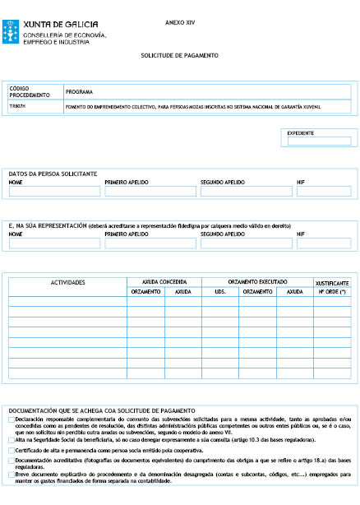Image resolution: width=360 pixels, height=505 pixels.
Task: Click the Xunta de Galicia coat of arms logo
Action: (x=12, y=31)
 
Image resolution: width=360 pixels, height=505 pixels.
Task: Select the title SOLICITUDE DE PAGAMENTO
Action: (x=179, y=55)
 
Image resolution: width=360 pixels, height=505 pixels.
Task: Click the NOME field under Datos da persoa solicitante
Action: (x=54, y=192)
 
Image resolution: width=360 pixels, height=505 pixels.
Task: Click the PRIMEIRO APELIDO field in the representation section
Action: (x=150, y=243)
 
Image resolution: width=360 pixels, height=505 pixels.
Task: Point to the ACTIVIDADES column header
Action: (x=68, y=283)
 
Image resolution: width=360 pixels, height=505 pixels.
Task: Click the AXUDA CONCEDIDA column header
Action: (x=164, y=281)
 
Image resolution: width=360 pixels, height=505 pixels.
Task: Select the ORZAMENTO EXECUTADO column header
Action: (x=253, y=281)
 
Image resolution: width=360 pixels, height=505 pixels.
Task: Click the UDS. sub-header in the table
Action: (x=219, y=291)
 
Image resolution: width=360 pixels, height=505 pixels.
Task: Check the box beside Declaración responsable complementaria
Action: (x=11, y=419)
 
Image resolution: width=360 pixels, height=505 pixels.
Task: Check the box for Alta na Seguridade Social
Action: (x=11, y=440)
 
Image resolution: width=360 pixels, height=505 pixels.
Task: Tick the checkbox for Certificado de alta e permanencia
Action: (x=11, y=451)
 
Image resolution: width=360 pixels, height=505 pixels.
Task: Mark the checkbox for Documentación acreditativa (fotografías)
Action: (x=11, y=461)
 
